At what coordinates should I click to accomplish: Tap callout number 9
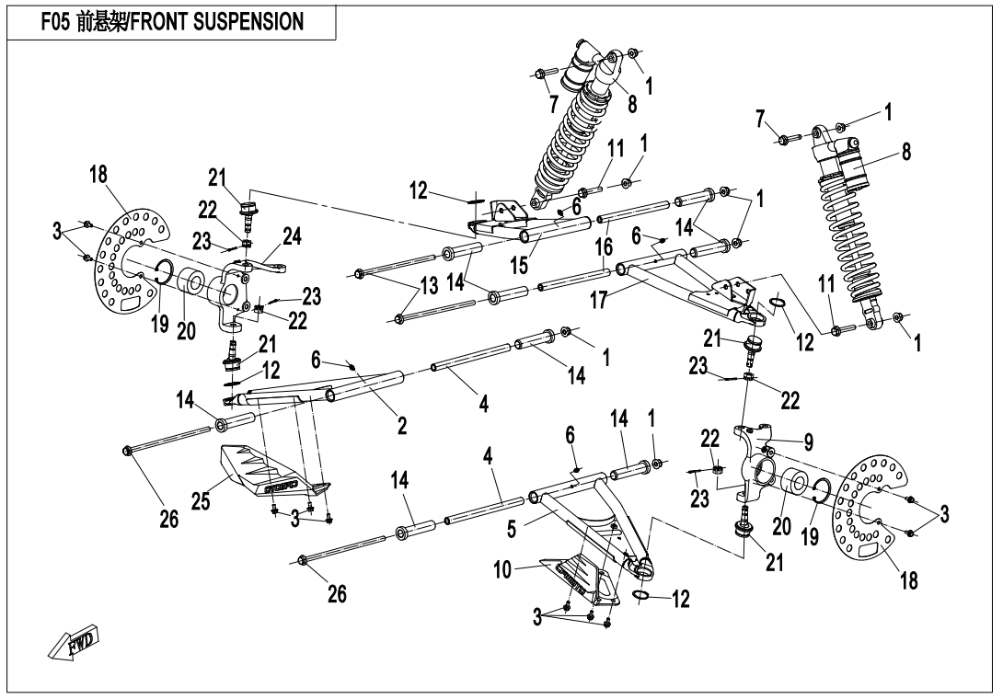pos(808,441)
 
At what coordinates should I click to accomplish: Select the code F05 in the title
pos(58,20)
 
